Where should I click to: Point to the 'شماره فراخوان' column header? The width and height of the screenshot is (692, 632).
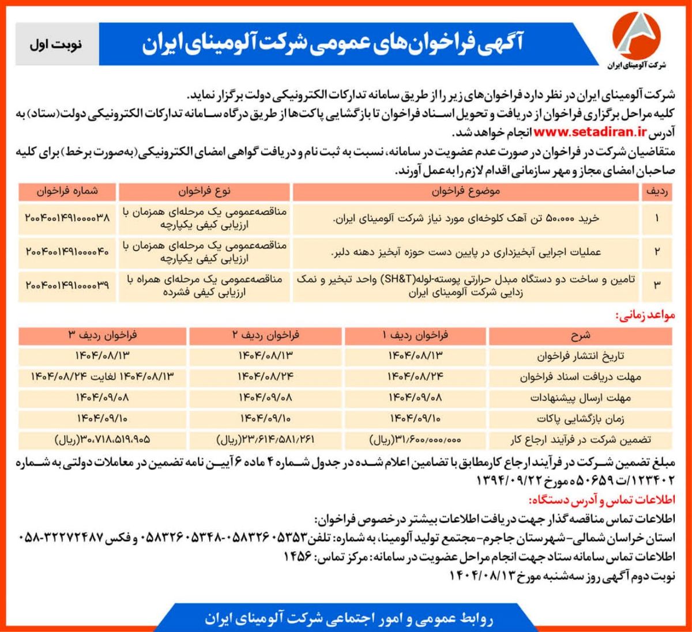coord(67,191)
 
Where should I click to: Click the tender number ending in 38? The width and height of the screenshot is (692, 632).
coord(67,219)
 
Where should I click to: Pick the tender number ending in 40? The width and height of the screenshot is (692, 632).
coord(67,252)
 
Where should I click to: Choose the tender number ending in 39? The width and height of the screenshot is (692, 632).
coord(67,285)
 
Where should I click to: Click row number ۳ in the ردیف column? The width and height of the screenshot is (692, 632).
coord(657,285)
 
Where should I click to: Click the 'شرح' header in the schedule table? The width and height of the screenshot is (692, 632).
coord(581,335)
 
